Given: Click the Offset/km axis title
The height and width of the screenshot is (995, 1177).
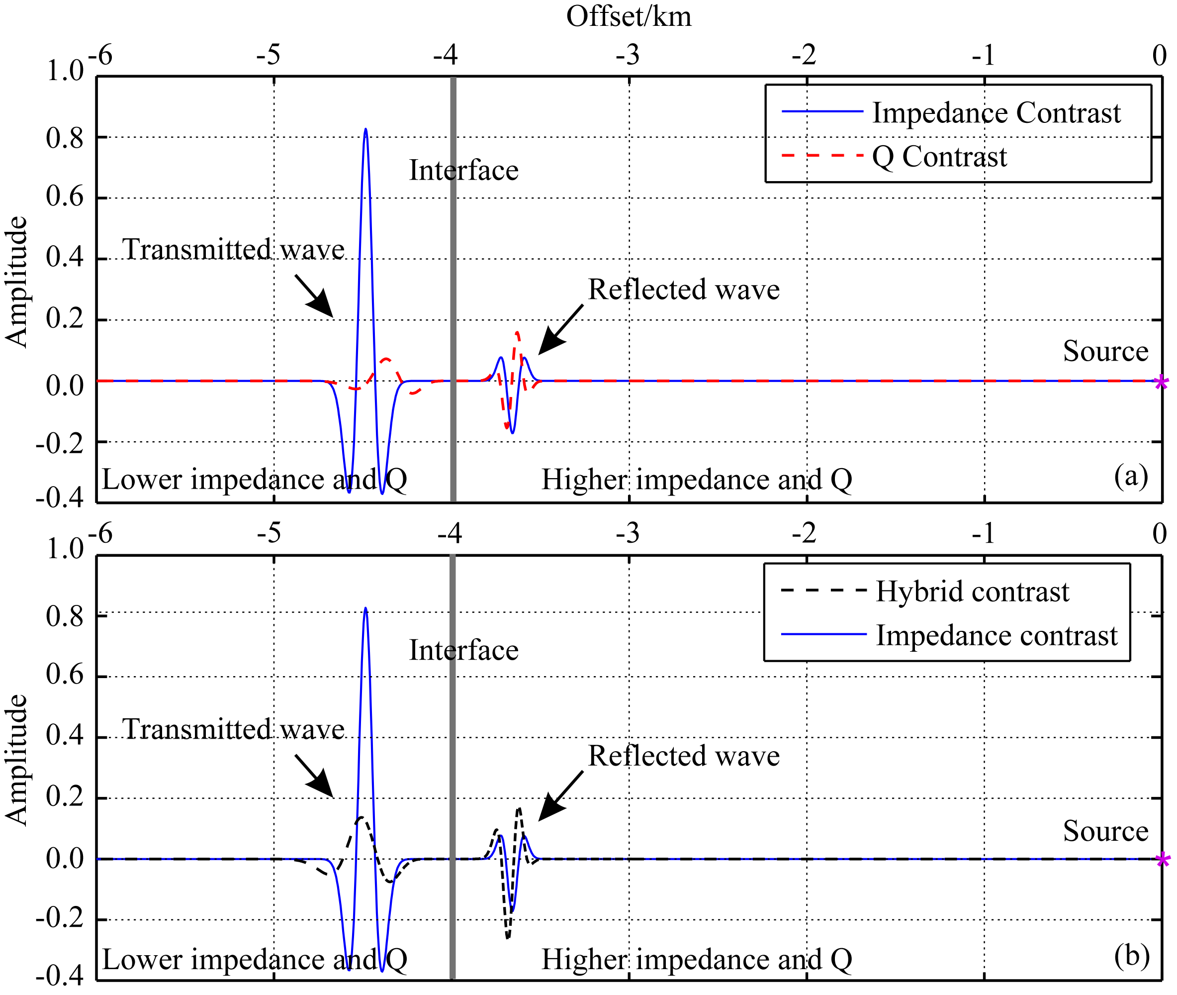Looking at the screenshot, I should click(628, 17).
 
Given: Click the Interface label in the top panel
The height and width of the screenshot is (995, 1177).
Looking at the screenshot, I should click(463, 170).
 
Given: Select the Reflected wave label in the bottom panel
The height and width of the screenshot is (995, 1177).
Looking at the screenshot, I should click(684, 756).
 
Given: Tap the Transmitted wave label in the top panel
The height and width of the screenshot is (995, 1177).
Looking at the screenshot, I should click(233, 249).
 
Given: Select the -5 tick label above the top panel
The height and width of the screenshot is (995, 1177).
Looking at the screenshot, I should click(269, 55).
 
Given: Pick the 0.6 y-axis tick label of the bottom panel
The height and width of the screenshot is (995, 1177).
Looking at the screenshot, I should click(64, 675).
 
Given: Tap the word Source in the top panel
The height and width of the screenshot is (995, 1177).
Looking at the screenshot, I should click(1105, 351).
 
